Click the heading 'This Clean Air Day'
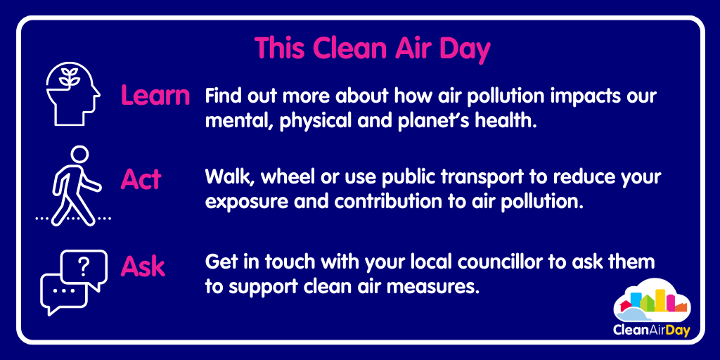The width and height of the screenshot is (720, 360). pyautogui.click(x=372, y=48)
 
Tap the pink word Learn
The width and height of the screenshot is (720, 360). pyautogui.click(x=155, y=96)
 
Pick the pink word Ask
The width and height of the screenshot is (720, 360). pyautogui.click(x=143, y=266)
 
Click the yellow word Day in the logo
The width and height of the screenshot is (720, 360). pyautogui.click(x=676, y=330)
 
